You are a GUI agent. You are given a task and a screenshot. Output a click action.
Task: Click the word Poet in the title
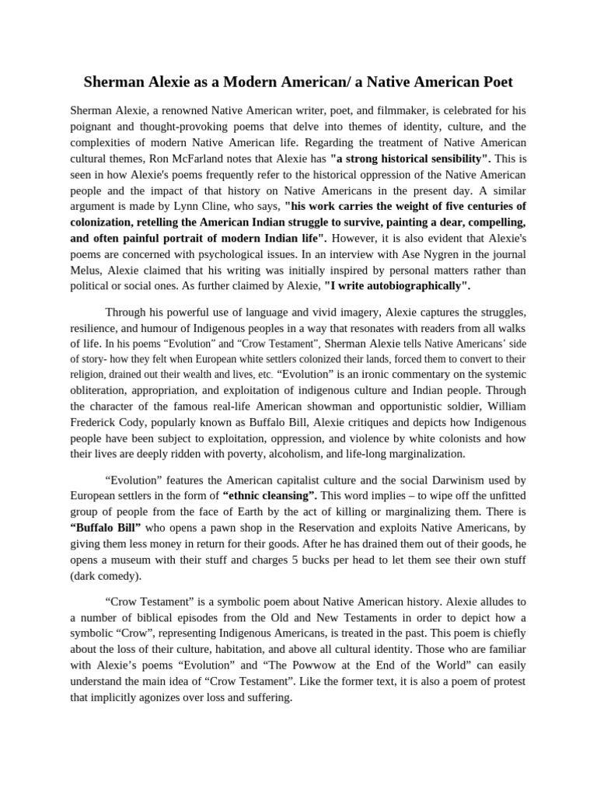pos(496,81)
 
